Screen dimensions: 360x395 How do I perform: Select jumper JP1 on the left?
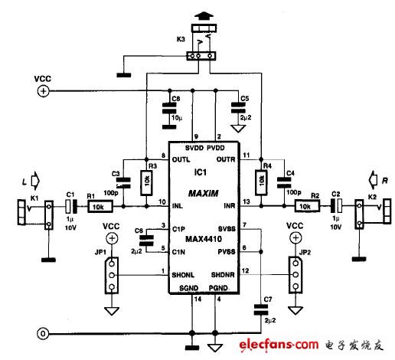tap(112, 273)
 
